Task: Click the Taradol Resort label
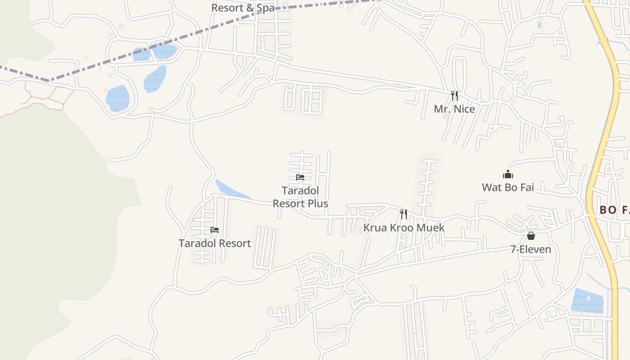[x=215, y=243]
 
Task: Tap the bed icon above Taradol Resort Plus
[x=300, y=177]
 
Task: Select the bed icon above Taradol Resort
[x=215, y=230]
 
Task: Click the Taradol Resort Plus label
[x=300, y=197]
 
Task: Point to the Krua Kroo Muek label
[x=404, y=228]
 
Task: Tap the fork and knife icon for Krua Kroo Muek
[x=404, y=214]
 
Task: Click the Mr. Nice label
[x=454, y=109]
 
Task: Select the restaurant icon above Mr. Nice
[x=454, y=95]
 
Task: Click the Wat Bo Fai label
[x=508, y=187]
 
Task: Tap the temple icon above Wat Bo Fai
[x=508, y=175]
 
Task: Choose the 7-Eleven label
[x=531, y=249]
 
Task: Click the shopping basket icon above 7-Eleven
[x=531, y=236]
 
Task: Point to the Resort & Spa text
[x=243, y=8]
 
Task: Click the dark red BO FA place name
[x=614, y=210]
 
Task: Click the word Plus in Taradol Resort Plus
[x=318, y=203]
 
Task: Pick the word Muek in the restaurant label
[x=431, y=228]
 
